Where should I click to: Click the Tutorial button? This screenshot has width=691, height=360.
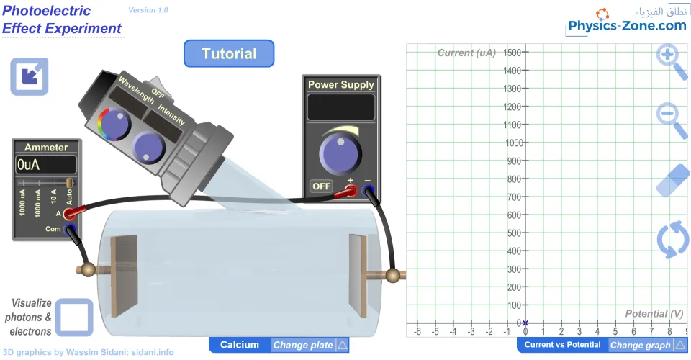pos(229,54)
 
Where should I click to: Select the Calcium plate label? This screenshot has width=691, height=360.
pos(240,345)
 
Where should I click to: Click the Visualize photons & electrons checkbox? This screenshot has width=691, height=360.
pos(74,318)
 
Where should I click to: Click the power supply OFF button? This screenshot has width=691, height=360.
pos(321,186)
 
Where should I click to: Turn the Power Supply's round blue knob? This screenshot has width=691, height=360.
pos(340,153)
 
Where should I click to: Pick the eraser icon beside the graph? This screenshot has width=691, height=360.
pos(673,181)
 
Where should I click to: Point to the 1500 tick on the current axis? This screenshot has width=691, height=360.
pos(512,53)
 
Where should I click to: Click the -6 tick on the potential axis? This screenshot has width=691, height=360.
pos(417,331)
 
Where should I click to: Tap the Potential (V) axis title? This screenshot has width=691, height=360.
pos(654,314)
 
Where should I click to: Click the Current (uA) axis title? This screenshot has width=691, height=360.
pos(466,53)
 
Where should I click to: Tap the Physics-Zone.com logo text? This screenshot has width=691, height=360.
pos(627,26)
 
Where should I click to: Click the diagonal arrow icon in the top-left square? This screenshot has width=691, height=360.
pos(30,76)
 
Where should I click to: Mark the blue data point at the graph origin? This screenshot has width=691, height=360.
pos(525,323)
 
